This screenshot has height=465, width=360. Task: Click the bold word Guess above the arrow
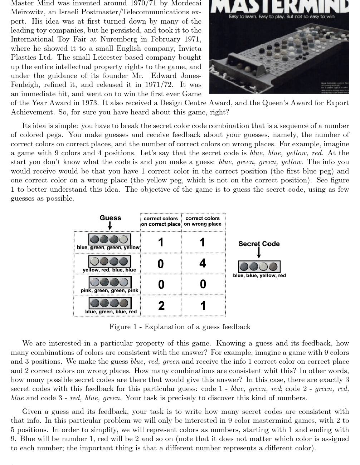(110, 218)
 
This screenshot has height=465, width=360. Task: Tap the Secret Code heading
(259, 244)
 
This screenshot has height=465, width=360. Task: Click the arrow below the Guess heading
(110, 225)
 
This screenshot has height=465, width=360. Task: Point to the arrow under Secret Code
(259, 253)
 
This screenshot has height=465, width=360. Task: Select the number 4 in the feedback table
(203, 263)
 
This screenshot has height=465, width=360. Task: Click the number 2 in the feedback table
(161, 306)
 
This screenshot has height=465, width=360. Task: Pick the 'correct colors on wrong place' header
(203, 221)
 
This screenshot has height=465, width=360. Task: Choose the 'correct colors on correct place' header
(161, 221)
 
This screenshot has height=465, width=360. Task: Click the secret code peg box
(259, 267)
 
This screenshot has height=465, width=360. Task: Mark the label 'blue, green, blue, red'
(111, 312)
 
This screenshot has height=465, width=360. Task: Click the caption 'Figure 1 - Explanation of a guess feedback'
(180, 327)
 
